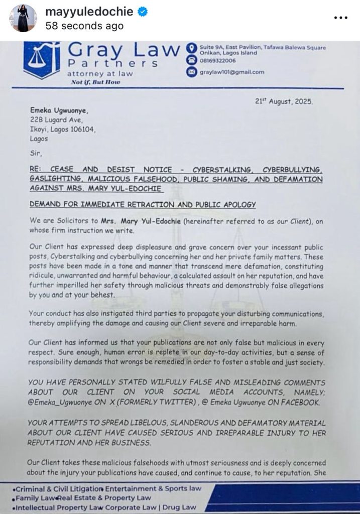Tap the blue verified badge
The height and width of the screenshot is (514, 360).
click(143, 13)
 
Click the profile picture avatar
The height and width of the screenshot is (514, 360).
click(23, 19)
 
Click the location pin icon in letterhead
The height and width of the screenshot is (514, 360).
click(191, 49)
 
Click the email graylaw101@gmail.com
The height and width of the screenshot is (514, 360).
click(231, 72)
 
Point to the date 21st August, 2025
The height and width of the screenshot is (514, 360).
click(284, 101)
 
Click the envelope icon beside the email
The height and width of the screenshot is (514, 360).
click(191, 72)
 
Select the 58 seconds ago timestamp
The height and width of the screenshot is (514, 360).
click(84, 26)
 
